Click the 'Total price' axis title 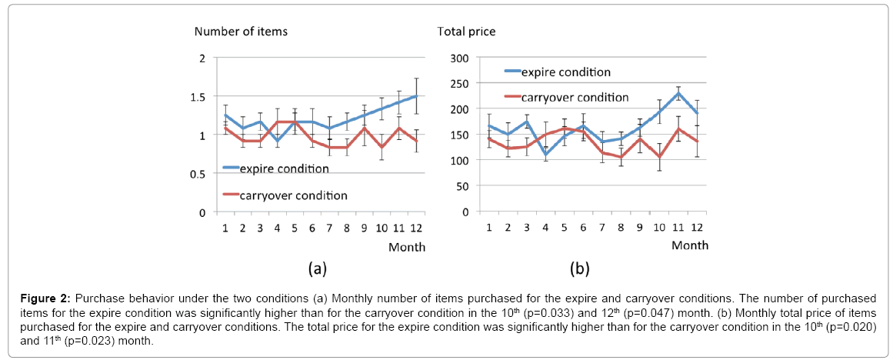tap(466, 32)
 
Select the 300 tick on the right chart tap(458, 58)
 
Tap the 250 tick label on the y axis tap(458, 83)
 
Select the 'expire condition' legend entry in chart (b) tap(565, 72)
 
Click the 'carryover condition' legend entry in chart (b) tap(575, 97)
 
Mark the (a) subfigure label tap(318, 268)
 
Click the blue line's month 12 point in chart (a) tap(416, 96)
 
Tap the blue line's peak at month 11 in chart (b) tap(678, 93)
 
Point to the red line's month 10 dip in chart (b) tap(658, 157)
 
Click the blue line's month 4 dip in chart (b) tap(545, 155)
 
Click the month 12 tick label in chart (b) tap(697, 228)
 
